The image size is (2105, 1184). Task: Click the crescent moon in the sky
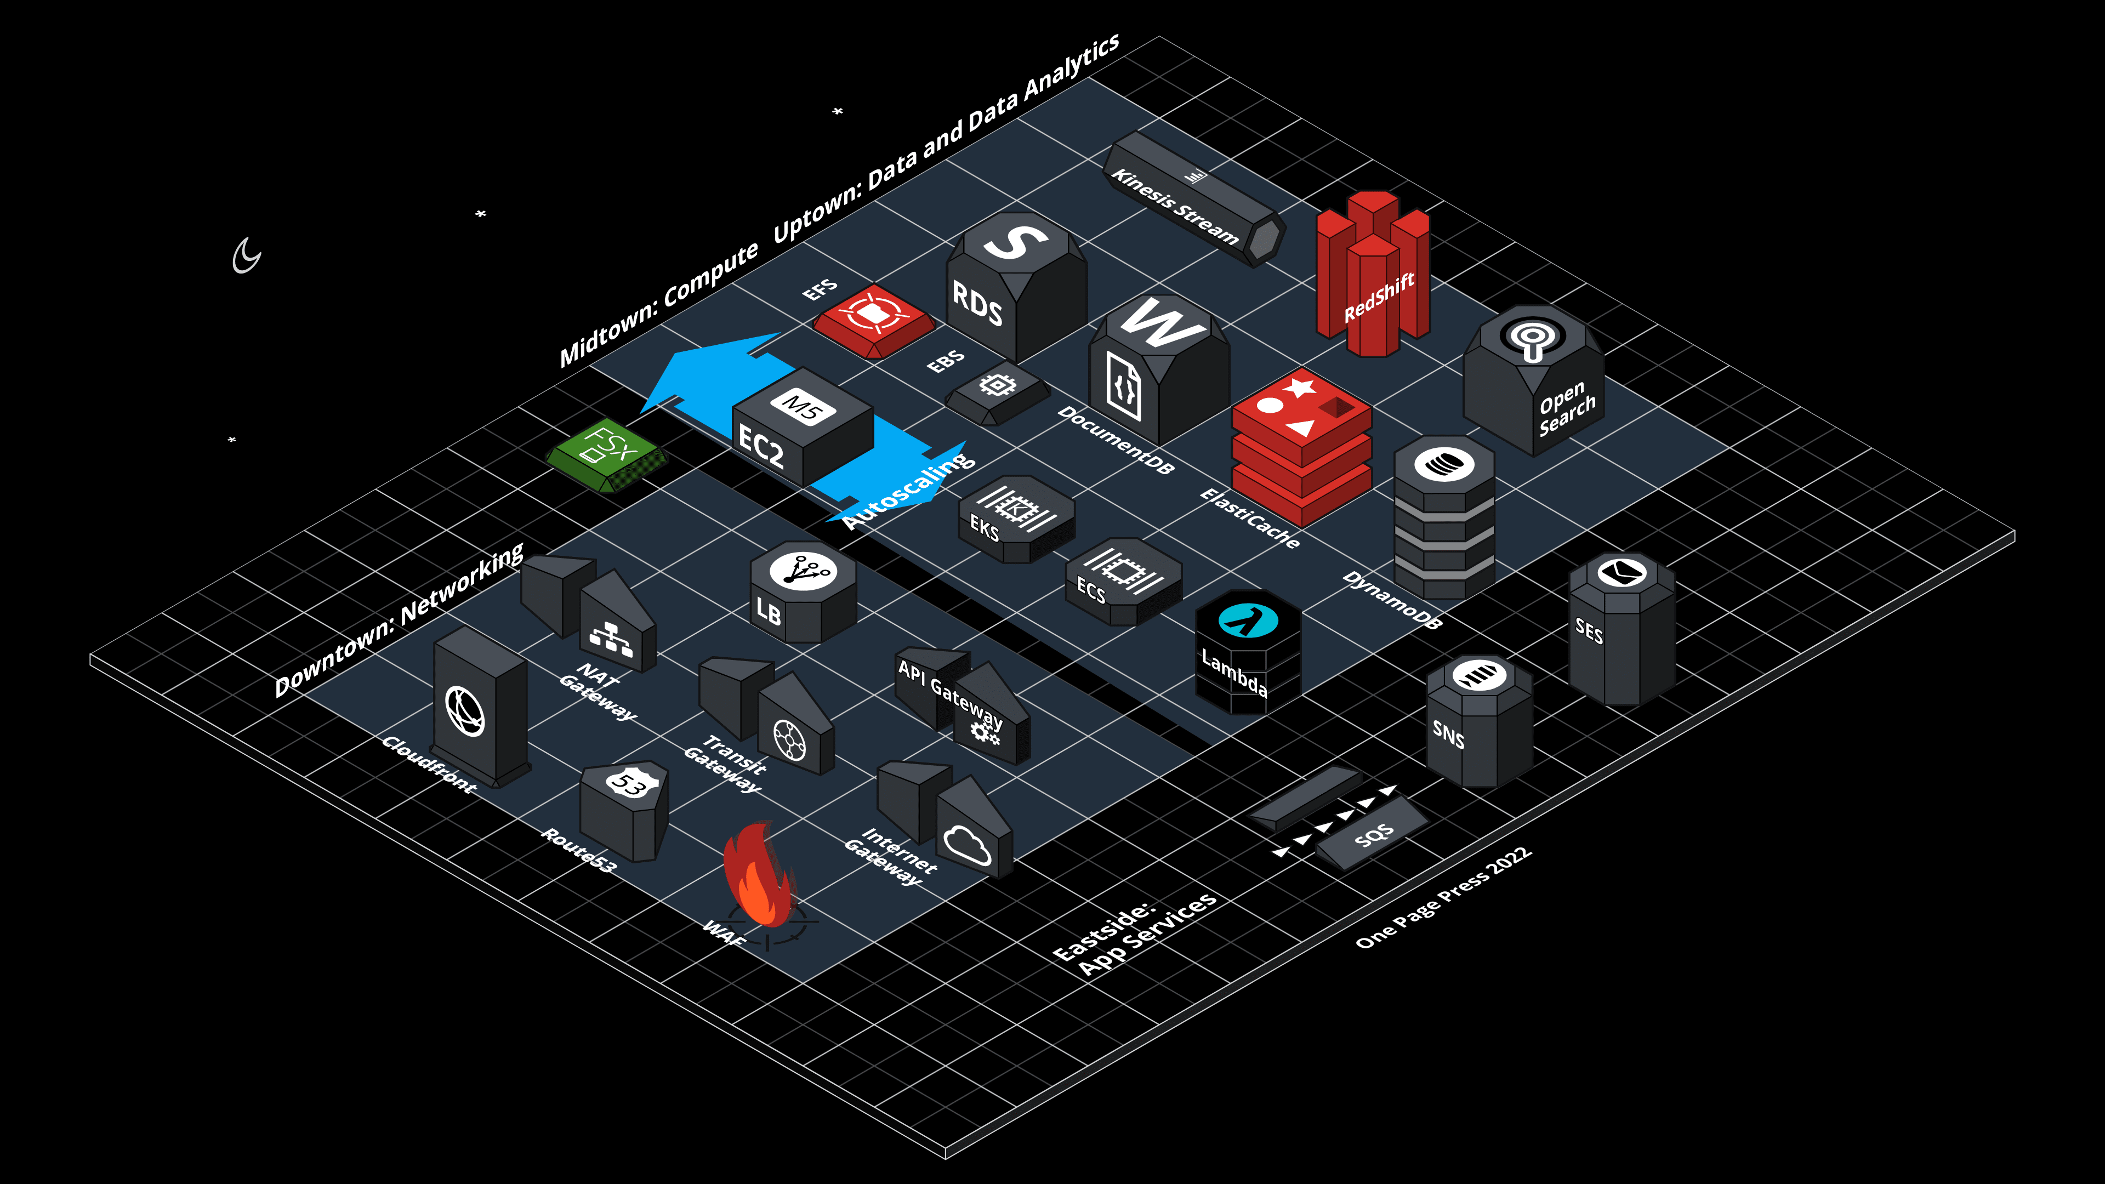[x=245, y=256]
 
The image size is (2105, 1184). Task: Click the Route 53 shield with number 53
[x=630, y=783]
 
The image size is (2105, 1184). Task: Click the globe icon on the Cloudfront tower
[x=465, y=711]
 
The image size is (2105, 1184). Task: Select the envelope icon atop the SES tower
[x=1622, y=571]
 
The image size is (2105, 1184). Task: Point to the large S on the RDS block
[x=1014, y=240]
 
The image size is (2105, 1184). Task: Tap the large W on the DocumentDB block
[x=1160, y=323]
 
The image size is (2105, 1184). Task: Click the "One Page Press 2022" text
[x=1442, y=898]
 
